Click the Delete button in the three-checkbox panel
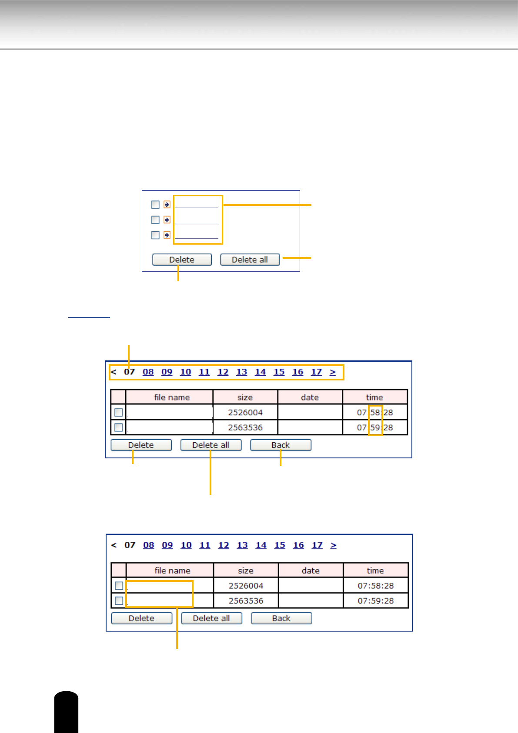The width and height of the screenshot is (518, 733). (x=182, y=260)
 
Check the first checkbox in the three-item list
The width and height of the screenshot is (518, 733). (x=155, y=205)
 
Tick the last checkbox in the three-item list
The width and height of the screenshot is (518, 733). (x=155, y=235)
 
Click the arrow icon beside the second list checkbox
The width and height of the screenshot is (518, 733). (x=167, y=220)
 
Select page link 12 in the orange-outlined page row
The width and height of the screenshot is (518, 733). (x=223, y=372)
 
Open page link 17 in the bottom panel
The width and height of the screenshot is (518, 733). (x=317, y=545)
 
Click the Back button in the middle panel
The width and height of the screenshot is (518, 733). (x=281, y=445)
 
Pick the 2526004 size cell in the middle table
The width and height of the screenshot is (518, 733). (x=245, y=413)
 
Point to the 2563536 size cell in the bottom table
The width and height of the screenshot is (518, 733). (x=246, y=601)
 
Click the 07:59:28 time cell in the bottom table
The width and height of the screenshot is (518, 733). (x=376, y=601)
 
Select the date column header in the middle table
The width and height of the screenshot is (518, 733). (x=310, y=397)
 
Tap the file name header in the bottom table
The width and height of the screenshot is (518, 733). (x=172, y=571)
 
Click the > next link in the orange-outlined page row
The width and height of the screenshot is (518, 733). (x=333, y=372)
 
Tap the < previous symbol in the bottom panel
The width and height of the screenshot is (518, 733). (x=114, y=545)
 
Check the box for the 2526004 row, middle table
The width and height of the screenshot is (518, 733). (x=118, y=412)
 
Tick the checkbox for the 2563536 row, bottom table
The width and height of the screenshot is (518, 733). (x=119, y=601)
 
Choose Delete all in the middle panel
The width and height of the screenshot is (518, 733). (x=211, y=445)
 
